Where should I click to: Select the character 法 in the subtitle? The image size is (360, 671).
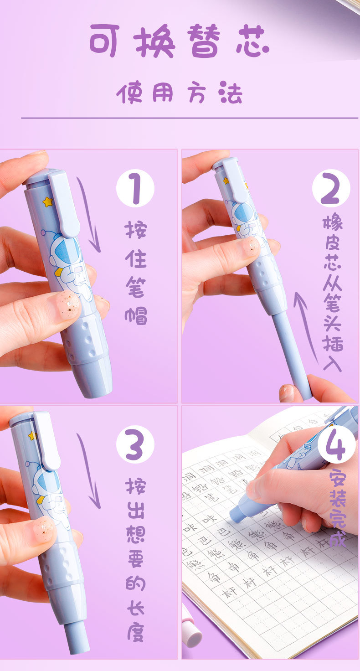230,93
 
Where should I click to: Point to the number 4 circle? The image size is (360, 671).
336,444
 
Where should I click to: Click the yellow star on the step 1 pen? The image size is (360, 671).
47,201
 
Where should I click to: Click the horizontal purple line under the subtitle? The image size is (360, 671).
189,118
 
